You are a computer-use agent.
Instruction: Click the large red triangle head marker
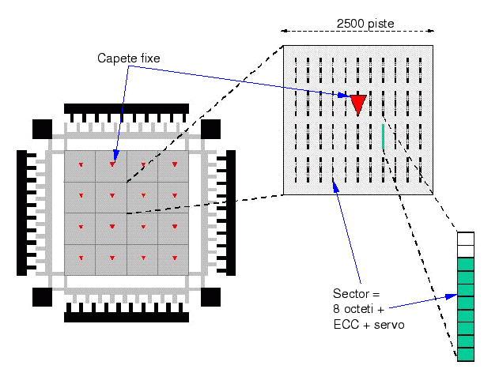[358, 103]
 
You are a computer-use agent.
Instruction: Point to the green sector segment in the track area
[383, 136]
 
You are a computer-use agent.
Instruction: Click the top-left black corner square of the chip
[41, 128]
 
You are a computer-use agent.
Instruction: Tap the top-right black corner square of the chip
[211, 128]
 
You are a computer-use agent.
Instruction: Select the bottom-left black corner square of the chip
[41, 297]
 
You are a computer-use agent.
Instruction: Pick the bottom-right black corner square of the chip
[211, 297]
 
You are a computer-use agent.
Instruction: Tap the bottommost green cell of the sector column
[465, 353]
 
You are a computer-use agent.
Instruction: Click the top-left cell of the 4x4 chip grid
[80, 167]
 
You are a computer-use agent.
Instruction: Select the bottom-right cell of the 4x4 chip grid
[173, 260]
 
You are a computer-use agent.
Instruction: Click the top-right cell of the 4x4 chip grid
[173, 167]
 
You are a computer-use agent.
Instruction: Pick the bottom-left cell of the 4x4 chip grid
[80, 260]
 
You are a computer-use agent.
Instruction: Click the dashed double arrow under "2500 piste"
[358, 32]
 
